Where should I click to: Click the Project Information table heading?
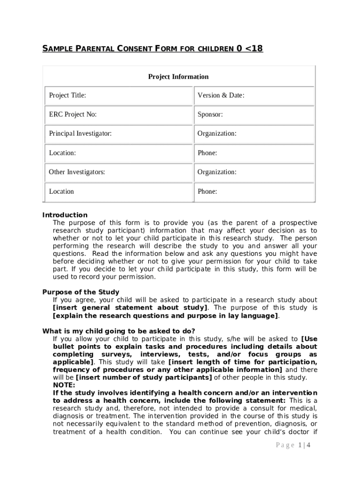178,77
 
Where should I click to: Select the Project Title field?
118,95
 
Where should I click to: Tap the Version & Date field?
254,95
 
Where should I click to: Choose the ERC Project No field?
118,115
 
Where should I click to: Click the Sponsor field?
254,115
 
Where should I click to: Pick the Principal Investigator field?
118,134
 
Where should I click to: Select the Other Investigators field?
118,172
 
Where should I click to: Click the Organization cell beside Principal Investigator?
254,134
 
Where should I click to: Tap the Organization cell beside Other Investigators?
254,172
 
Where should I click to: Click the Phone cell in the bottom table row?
254,191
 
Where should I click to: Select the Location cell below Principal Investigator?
118,153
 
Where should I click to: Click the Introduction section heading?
65,215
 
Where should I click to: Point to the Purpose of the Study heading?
80,292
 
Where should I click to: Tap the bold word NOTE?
64,385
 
